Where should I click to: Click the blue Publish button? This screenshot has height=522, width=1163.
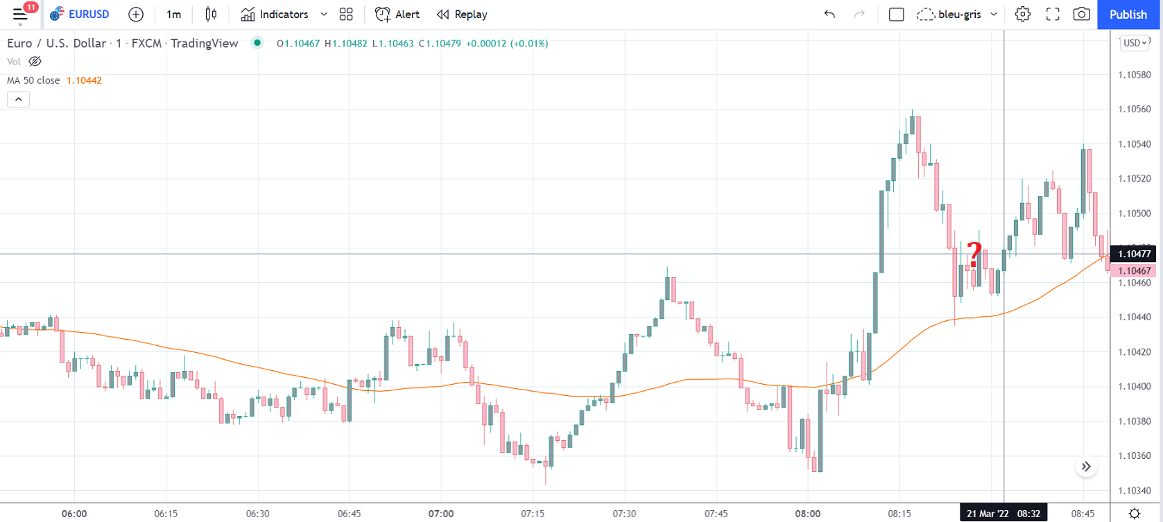[x=1128, y=15]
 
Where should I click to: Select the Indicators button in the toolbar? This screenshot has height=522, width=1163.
[x=275, y=15]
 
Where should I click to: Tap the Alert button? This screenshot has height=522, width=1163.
[x=397, y=15]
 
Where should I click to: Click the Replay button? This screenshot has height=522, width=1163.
[x=462, y=15]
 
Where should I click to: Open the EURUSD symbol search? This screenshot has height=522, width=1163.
[x=80, y=15]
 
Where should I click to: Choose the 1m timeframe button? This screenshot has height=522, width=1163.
[x=173, y=15]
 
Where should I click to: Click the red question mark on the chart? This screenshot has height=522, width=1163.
[x=974, y=254]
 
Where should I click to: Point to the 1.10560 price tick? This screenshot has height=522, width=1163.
[x=1134, y=110]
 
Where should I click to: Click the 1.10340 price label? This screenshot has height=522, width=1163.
[x=1134, y=491]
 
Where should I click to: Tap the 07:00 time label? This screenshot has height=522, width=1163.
[x=441, y=514]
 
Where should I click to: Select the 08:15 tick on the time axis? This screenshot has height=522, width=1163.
[x=899, y=514]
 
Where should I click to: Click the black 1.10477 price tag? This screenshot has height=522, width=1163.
[x=1134, y=254]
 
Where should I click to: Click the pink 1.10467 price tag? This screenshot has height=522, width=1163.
[x=1134, y=271]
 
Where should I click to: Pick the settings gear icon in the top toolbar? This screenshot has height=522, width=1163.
[x=1022, y=15]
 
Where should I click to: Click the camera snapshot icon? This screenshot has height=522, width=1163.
[x=1081, y=15]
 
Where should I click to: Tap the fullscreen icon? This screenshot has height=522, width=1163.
[x=1052, y=15]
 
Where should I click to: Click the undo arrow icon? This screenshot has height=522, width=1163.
[x=829, y=15]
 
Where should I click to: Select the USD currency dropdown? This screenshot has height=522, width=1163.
[x=1135, y=43]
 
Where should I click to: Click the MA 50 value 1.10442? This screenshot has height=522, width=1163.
[x=84, y=80]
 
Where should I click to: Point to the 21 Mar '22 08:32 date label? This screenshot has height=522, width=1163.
[x=1003, y=514]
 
